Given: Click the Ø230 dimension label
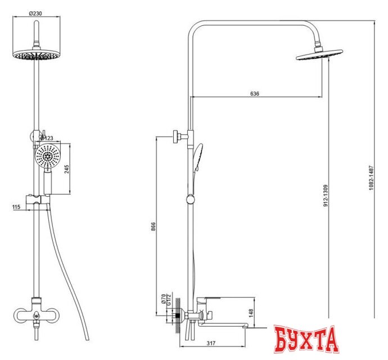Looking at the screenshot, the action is click(x=36, y=13).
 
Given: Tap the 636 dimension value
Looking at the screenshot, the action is click(x=255, y=93).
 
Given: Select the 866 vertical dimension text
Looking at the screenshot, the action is click(x=154, y=227).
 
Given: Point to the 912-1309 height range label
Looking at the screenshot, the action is click(x=326, y=196).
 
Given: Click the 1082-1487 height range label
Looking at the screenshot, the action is click(x=371, y=178).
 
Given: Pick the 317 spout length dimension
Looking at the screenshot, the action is click(x=211, y=343).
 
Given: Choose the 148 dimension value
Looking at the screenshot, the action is click(x=251, y=313).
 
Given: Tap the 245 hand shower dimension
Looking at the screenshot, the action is click(x=66, y=169).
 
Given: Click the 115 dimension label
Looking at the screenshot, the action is click(x=16, y=207).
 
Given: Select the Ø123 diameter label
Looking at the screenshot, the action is click(x=47, y=138).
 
